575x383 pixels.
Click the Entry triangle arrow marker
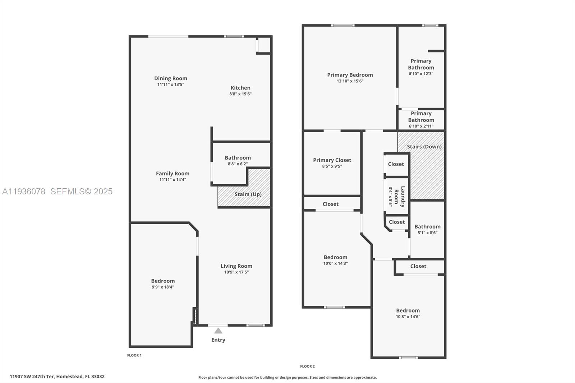[x=218, y=331]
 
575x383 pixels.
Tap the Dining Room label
[x=171, y=78]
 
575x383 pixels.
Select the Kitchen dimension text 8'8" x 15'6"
[x=240, y=94]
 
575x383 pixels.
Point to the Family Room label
[x=172, y=174]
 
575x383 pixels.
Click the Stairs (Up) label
[x=248, y=194]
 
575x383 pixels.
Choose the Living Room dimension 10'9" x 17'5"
[x=236, y=272]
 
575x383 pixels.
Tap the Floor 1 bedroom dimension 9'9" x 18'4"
[x=163, y=287]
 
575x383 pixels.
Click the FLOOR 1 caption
[x=134, y=355]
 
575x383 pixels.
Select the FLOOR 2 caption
[x=307, y=366]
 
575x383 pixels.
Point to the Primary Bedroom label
[x=350, y=75]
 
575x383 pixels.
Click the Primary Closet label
[x=332, y=160]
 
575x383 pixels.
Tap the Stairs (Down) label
[x=424, y=147]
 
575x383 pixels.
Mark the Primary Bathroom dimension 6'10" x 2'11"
[x=421, y=126]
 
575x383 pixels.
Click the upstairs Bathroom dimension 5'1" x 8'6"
[x=427, y=233]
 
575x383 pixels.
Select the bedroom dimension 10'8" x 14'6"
[x=408, y=317]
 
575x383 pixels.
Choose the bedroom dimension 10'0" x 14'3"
[x=335, y=263]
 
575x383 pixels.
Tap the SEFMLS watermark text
[x=81, y=191]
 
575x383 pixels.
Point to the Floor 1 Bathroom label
[x=238, y=158]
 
